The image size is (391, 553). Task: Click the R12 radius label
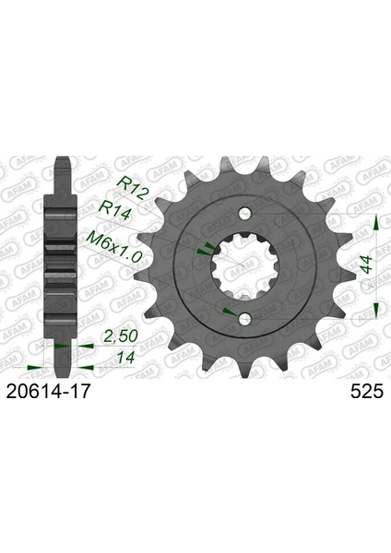pos(131,188)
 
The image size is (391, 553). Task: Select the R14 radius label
pos(115,210)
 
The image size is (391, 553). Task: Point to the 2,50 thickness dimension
pos(120,336)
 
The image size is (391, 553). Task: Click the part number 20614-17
pos(48,392)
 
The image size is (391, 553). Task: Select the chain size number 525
pos(367,392)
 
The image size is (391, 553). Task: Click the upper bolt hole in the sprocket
pos(244,213)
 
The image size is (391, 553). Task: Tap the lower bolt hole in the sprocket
pos(244,319)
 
